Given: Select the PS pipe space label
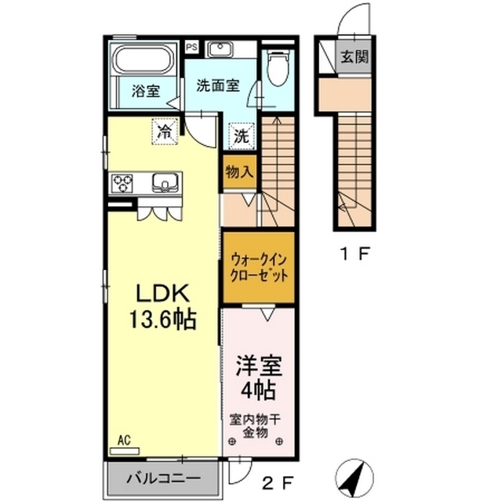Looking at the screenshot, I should tap(191, 46).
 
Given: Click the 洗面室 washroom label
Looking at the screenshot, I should tap(217, 85).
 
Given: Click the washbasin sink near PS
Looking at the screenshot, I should tap(220, 50).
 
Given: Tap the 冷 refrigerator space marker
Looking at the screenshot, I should tap(165, 129).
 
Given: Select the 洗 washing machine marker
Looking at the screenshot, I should tap(241, 135).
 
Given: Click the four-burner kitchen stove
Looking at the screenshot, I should tap(122, 184).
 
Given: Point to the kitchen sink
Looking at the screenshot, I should tap(165, 184).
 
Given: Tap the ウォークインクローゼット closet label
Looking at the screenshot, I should tap(258, 267).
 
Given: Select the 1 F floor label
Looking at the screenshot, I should tap(355, 253).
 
